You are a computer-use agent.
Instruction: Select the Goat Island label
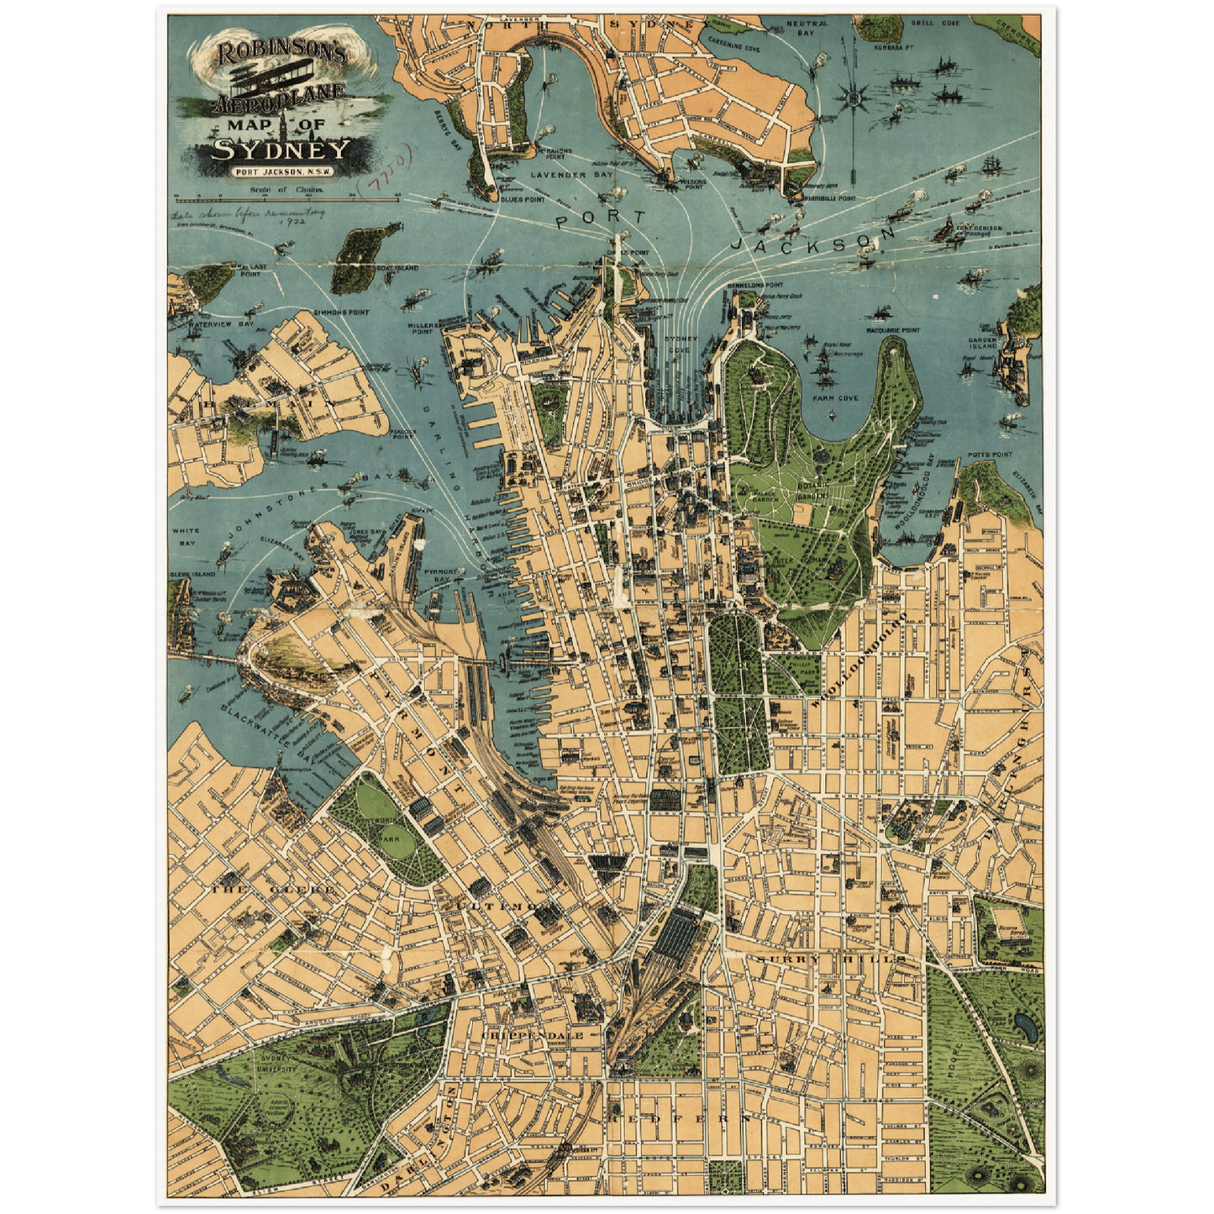pos(397,268)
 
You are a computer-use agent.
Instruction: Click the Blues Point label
pos(523,199)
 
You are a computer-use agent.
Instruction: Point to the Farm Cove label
pos(835,397)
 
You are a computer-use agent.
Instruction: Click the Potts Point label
pos(990,455)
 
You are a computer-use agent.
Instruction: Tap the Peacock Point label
pos(402,434)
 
